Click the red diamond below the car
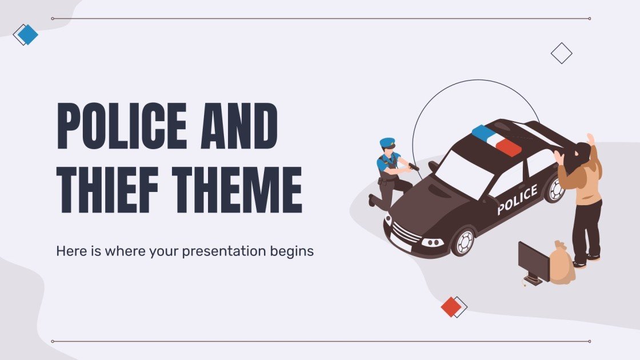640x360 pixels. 451,307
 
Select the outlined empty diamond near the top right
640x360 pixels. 561,53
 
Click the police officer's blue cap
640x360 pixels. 387,141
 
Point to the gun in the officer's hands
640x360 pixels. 413,166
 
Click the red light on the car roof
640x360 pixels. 508,147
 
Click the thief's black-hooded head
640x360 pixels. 581,153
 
